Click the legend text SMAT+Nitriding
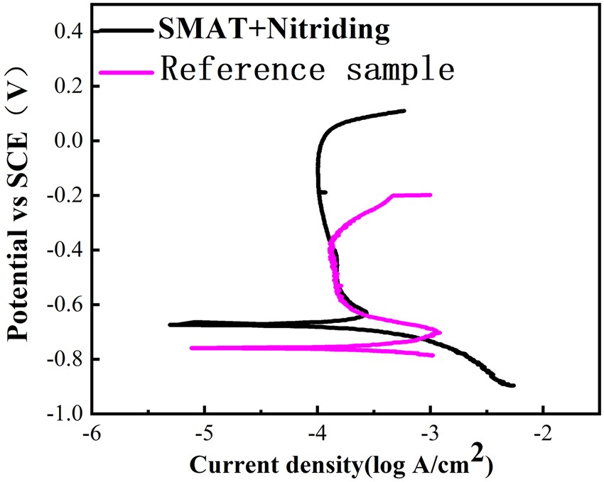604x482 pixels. pyautogui.click(x=274, y=29)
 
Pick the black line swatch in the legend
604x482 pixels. pyautogui.click(x=126, y=31)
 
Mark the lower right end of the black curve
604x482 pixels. pyautogui.click(x=513, y=385)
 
